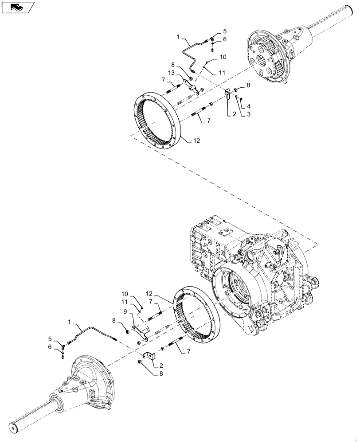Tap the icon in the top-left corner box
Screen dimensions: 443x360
point(18,7)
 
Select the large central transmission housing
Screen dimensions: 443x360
point(253,270)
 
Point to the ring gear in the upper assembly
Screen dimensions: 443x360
point(158,120)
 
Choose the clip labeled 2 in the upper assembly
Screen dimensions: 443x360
point(226,95)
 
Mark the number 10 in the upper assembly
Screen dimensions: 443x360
point(223,57)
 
